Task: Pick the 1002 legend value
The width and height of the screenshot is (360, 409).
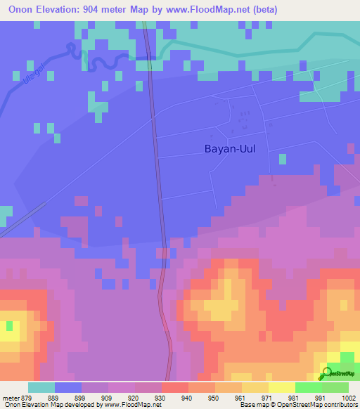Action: [x=340, y=397]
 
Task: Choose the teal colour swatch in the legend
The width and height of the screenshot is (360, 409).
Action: [x=41, y=387]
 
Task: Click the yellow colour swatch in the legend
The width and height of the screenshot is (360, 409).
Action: [x=281, y=387]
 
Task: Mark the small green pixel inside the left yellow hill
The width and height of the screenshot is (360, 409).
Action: [x=10, y=326]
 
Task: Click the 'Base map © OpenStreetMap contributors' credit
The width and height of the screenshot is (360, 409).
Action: [x=297, y=405]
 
